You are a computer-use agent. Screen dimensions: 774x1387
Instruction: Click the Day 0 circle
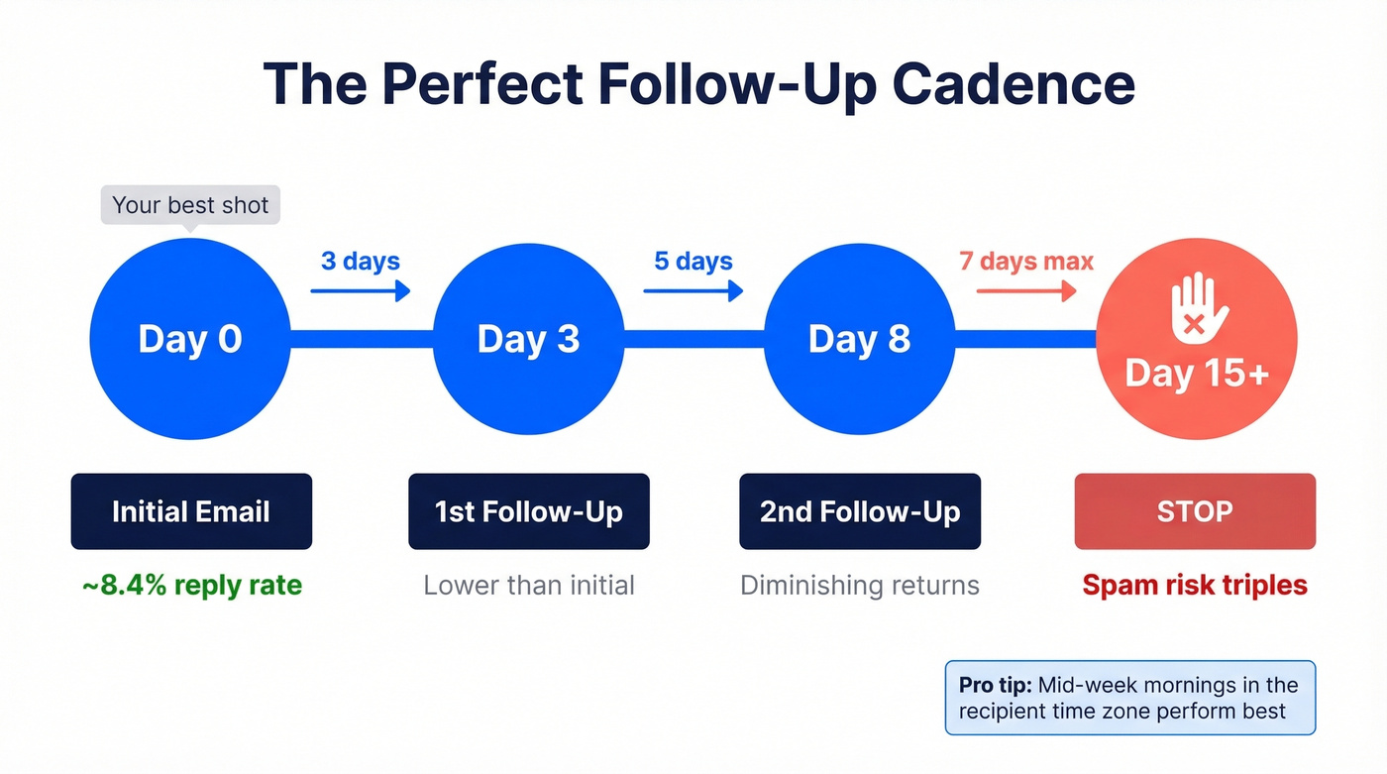pos(190,339)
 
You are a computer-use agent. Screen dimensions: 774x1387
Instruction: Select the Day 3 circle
pos(528,339)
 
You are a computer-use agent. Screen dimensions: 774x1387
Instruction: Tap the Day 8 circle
pos(859,339)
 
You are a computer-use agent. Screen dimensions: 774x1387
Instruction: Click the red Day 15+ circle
pos(1196,339)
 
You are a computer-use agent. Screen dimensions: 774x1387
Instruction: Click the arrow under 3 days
pos(361,290)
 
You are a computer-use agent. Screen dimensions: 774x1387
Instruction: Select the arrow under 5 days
pos(693,290)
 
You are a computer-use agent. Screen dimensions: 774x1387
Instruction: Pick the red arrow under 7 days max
pos(1026,290)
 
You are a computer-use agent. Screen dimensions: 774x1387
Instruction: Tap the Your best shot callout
pos(190,205)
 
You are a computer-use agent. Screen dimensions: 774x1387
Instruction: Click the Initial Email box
pos(191,511)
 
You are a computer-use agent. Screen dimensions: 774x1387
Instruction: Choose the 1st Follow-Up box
pos(529,511)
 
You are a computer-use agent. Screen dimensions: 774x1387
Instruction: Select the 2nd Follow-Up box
pos(860,511)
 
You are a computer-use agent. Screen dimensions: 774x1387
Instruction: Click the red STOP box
pos(1195,511)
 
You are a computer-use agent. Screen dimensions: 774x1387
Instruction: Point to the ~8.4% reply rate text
pos(191,585)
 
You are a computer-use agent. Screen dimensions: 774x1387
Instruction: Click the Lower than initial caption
pos(529,585)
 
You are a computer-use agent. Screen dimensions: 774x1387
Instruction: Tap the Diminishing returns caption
pos(860,585)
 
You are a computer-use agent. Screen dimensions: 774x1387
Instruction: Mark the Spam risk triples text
pos(1195,585)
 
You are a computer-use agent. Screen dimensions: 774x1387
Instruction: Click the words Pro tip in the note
pos(995,685)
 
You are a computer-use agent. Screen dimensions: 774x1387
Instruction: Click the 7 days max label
pos(1026,261)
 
